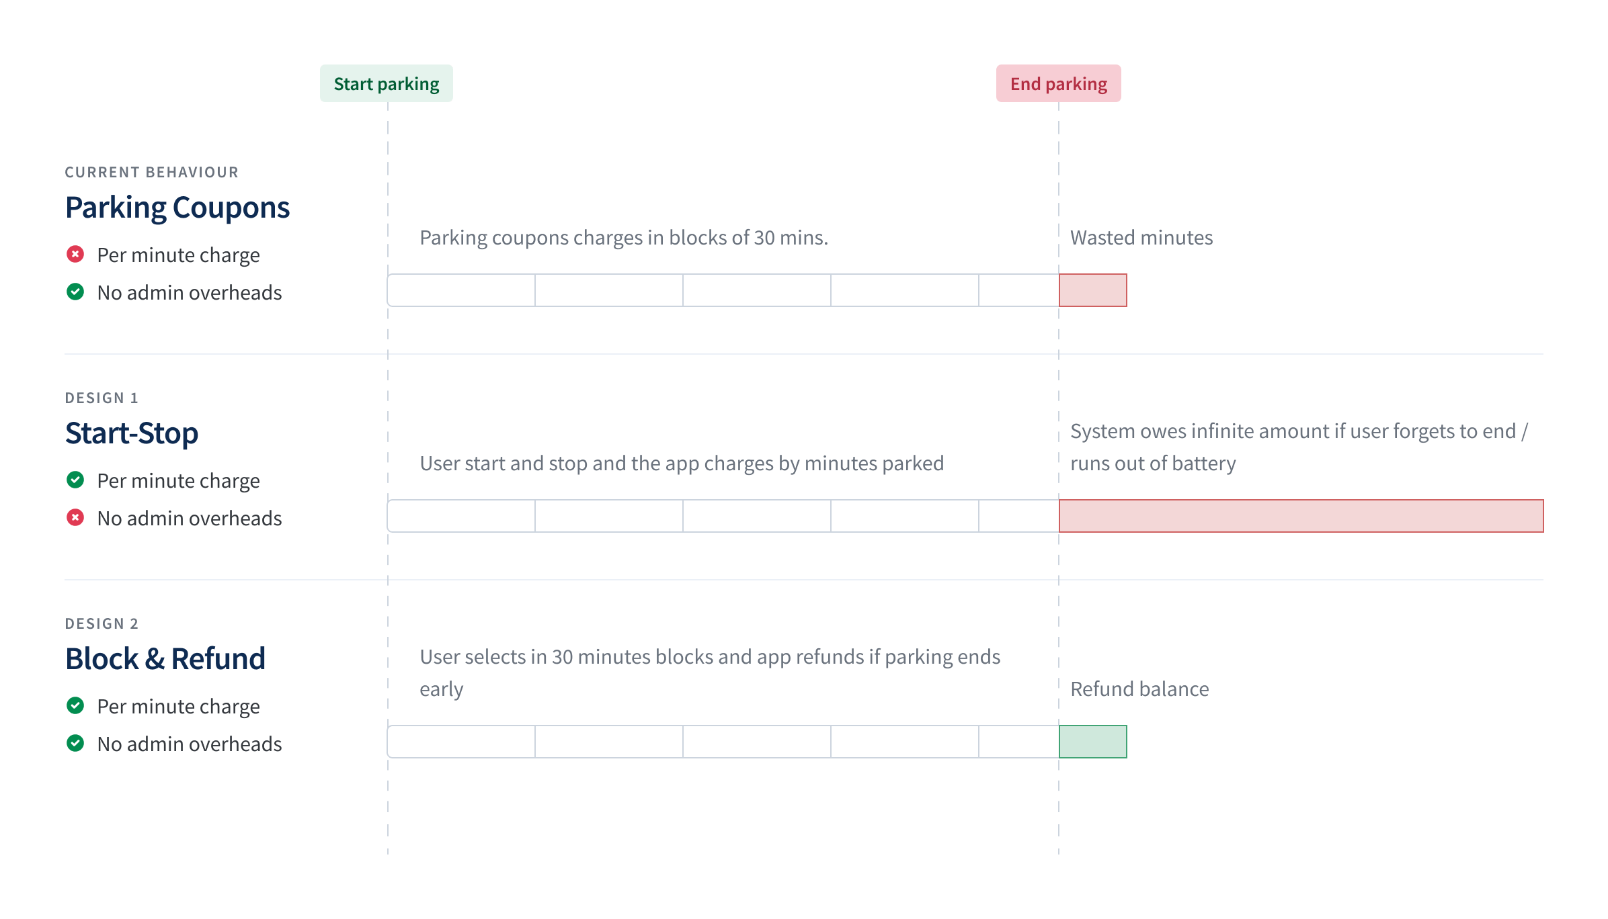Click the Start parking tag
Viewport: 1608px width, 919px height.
click(x=387, y=83)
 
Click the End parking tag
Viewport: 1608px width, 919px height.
click(x=1058, y=83)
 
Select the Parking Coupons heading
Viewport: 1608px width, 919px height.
click(x=177, y=208)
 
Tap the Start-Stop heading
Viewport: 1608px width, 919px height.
click(x=132, y=433)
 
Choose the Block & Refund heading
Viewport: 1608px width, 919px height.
click(x=165, y=659)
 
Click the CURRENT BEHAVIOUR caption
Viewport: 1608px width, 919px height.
click(x=151, y=173)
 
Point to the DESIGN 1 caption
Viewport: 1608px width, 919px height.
click(x=102, y=398)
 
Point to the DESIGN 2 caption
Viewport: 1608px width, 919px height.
click(x=102, y=624)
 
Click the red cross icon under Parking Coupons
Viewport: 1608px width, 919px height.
click(x=75, y=255)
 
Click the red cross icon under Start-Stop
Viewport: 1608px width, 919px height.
click(x=75, y=518)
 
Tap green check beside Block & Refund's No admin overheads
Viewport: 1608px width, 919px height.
click(x=75, y=744)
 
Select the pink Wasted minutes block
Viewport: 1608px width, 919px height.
click(x=1093, y=290)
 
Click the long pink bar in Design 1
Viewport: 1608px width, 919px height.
click(x=1301, y=516)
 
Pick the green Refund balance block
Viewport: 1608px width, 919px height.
click(x=1093, y=742)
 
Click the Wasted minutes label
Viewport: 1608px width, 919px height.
click(x=1141, y=238)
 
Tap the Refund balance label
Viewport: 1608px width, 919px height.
click(x=1139, y=689)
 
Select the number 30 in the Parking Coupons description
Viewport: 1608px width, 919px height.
click(x=764, y=238)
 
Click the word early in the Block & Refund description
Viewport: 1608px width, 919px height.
click(x=442, y=690)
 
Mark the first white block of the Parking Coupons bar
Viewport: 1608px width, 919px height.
click(x=461, y=290)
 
